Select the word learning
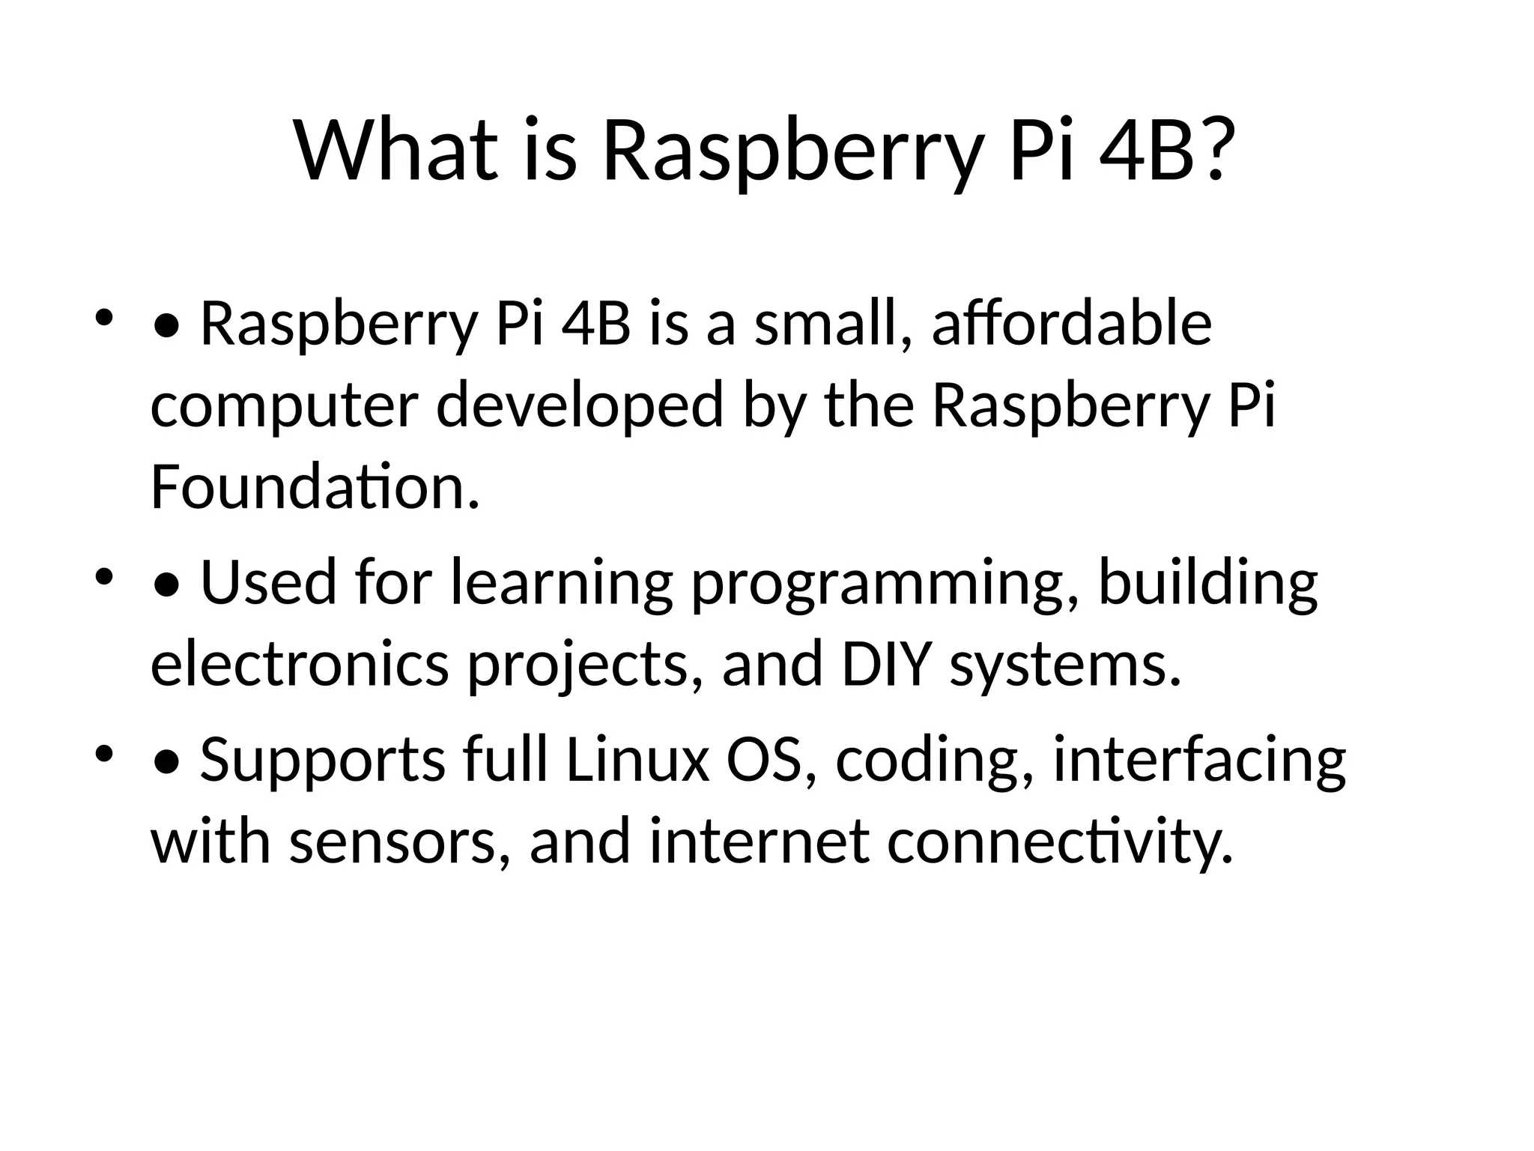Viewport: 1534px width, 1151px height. [x=562, y=584]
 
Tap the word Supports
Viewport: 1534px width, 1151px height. [x=323, y=761]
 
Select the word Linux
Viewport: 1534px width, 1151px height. [x=637, y=760]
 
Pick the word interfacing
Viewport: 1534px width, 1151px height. [x=1199, y=761]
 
